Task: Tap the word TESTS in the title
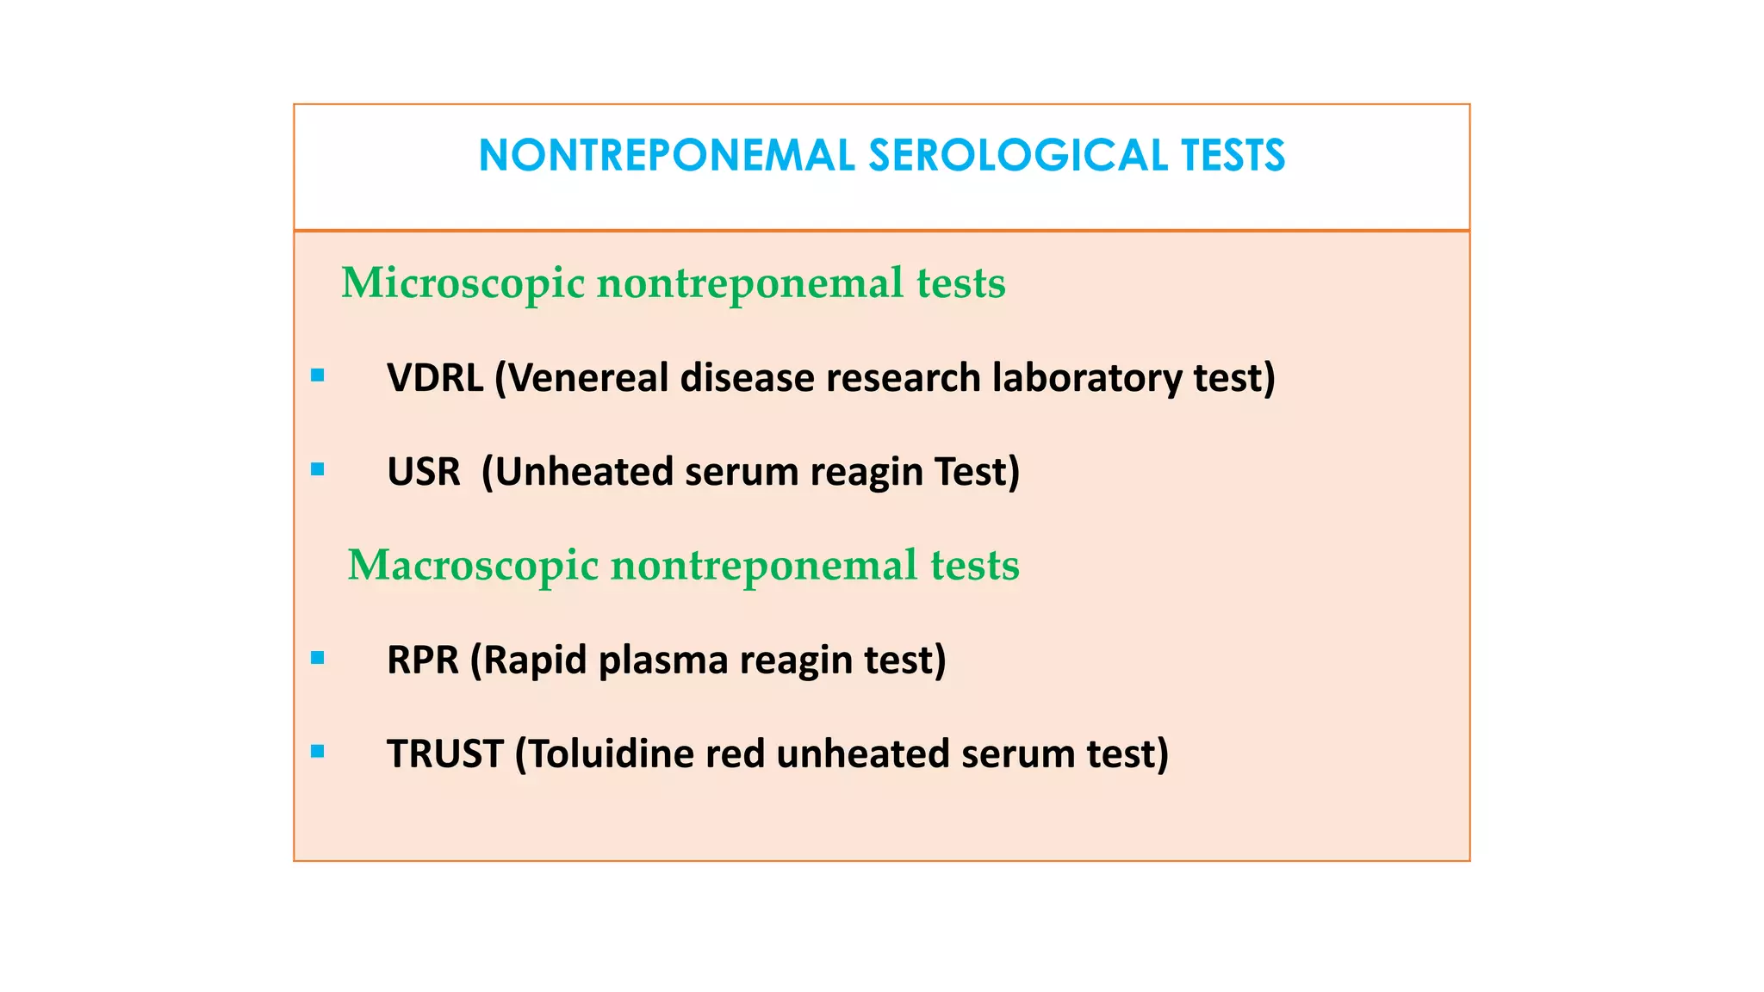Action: tap(1233, 156)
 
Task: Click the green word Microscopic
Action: tap(463, 283)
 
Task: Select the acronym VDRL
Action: tap(435, 378)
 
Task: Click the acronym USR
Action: tap(424, 472)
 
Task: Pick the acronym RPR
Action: tap(423, 660)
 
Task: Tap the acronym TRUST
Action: tap(444, 754)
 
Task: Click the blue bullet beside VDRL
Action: tap(318, 375)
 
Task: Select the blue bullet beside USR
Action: tap(318, 469)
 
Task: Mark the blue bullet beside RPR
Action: tap(318, 658)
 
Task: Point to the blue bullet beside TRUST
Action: tap(318, 752)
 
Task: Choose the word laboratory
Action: tap(1087, 378)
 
